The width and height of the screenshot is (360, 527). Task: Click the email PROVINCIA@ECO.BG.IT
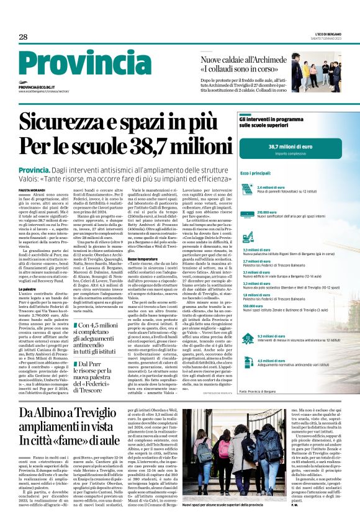pyautogui.click(x=38, y=88)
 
